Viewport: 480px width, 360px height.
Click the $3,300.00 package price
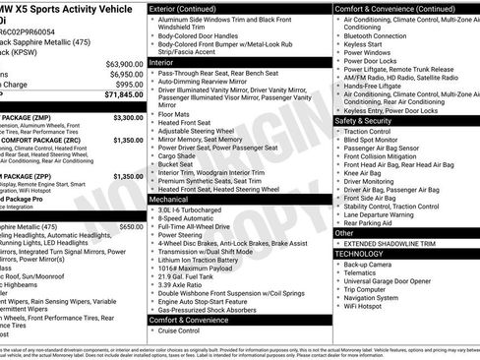pyautogui.click(x=128, y=117)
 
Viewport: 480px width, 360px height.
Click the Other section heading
pyautogui.click(x=343, y=233)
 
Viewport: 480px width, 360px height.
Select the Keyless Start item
pyautogui.click(x=363, y=44)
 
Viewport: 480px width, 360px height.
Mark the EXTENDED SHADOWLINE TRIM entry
pyautogui.click(x=392, y=244)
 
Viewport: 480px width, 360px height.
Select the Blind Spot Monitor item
pyautogui.click(x=377, y=140)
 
